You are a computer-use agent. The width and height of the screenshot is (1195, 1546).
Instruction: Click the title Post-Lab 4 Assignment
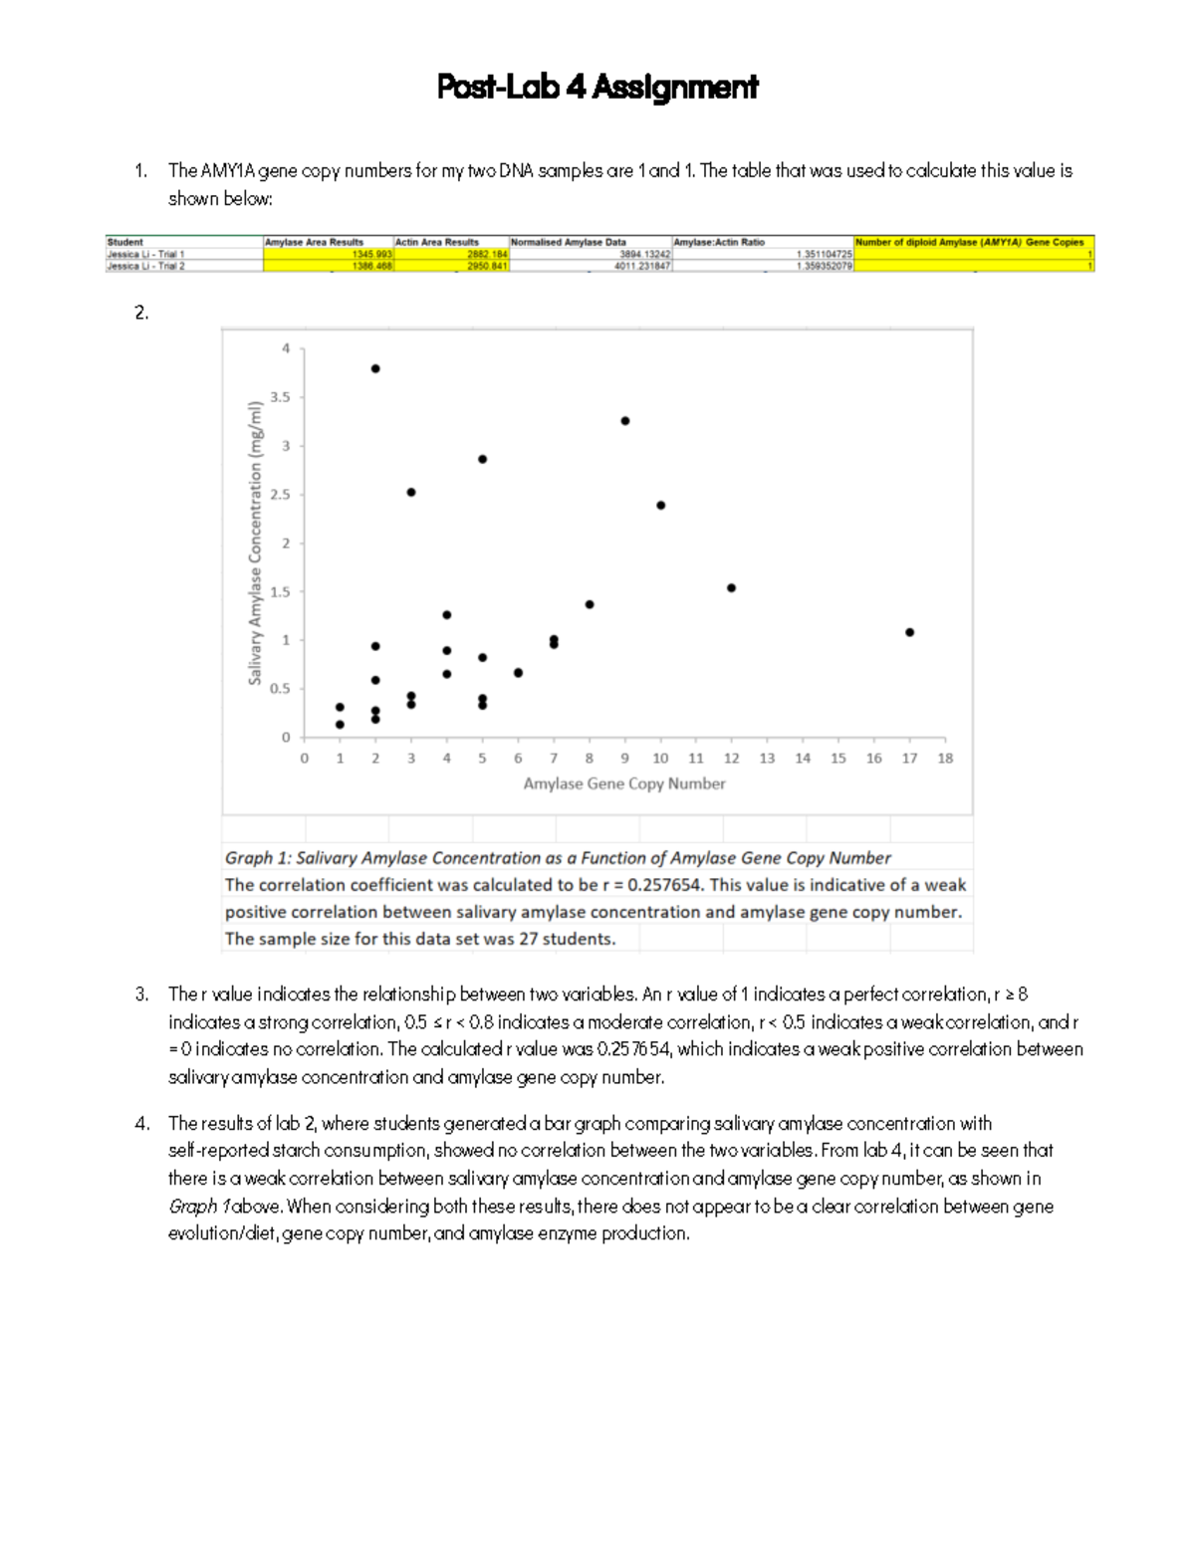tap(597, 88)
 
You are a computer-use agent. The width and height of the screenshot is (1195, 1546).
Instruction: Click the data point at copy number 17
tap(909, 632)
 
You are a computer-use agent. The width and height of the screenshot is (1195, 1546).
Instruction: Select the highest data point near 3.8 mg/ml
tap(375, 368)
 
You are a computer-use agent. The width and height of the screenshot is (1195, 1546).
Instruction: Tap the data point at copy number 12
tap(731, 588)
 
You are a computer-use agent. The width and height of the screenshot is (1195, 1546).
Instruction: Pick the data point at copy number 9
tap(624, 421)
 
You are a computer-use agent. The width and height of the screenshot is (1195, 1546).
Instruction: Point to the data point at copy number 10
tap(660, 506)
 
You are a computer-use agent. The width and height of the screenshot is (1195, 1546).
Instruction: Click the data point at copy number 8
tap(590, 604)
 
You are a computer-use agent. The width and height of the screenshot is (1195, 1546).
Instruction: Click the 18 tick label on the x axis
tap(945, 759)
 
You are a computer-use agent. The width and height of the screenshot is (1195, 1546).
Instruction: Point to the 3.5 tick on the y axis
tap(281, 397)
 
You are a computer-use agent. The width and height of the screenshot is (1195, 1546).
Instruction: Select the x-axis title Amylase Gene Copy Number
tap(624, 784)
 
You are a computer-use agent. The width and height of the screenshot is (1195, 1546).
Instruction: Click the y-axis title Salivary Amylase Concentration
tap(255, 543)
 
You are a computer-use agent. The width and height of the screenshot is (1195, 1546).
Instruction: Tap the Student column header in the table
tap(125, 242)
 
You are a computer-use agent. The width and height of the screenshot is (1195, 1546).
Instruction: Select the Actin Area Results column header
tap(436, 242)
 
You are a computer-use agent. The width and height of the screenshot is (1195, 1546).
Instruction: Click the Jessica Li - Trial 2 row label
tap(146, 266)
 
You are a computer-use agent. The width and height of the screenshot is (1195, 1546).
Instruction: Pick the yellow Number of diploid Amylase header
tap(969, 242)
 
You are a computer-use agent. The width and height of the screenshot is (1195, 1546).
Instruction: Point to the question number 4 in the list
tap(142, 1124)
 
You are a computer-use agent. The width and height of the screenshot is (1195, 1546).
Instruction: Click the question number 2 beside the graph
tap(141, 313)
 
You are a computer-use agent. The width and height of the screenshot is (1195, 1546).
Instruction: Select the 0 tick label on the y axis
tap(286, 738)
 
